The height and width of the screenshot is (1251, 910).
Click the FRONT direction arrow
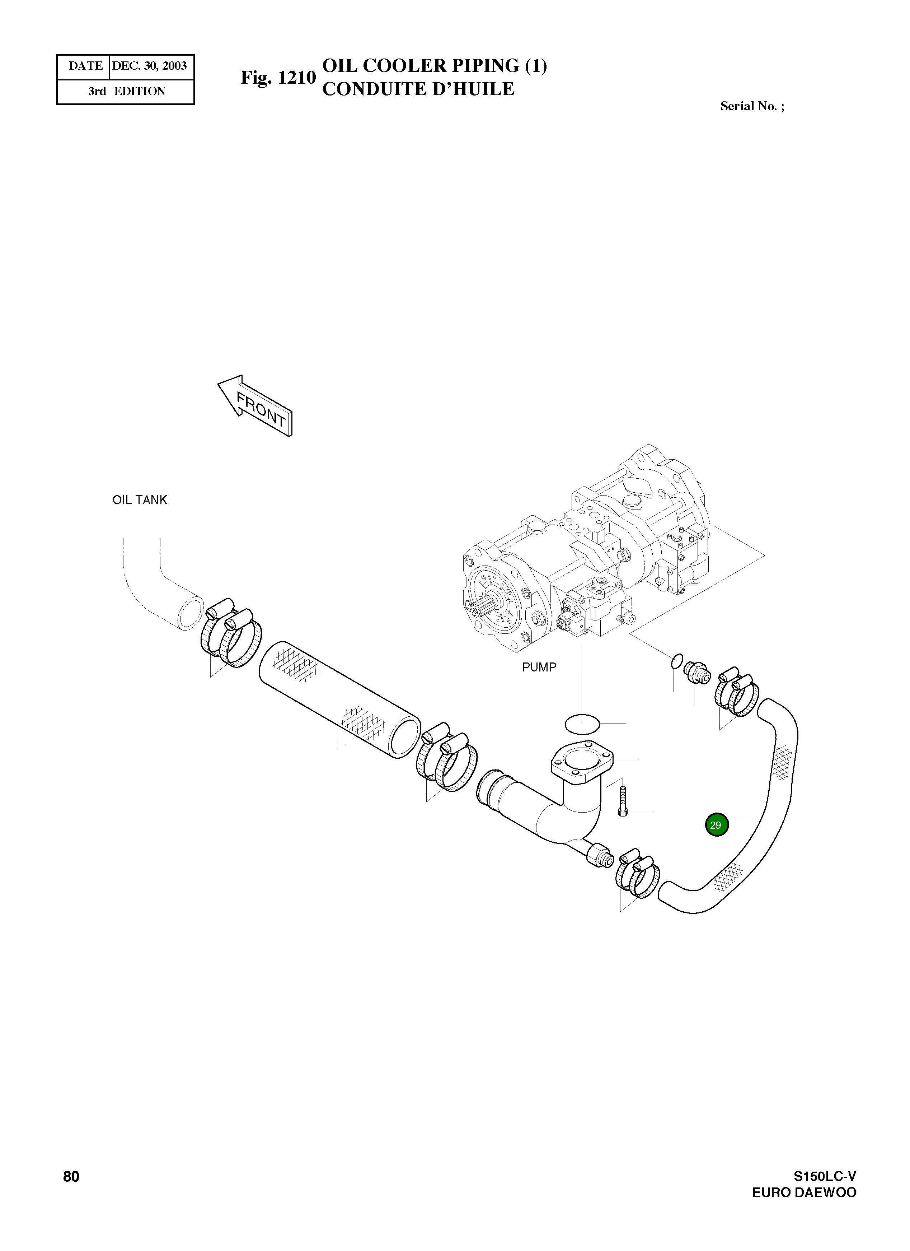255,405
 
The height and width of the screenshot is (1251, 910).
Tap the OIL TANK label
140,500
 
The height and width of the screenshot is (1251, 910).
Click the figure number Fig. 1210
278,78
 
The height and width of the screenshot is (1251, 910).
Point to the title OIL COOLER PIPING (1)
434,66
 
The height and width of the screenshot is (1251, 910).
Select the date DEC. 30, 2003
149,66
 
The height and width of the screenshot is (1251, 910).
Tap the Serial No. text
752,106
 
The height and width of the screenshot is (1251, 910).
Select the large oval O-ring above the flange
582,724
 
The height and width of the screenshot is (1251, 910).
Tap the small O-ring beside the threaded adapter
677,661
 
